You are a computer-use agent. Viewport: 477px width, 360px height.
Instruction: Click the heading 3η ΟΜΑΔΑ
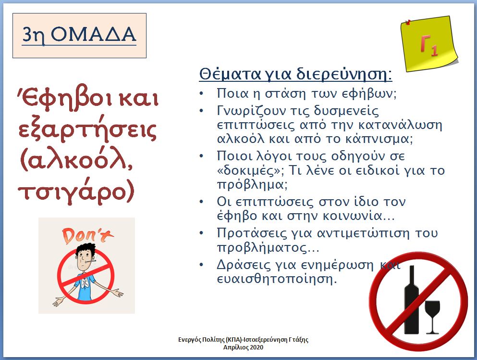[x=79, y=35]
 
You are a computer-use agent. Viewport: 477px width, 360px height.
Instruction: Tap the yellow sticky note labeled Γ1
[x=429, y=44]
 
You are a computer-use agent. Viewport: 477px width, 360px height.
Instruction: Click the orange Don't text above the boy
[x=87, y=236]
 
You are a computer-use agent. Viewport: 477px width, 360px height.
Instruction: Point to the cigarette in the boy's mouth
[x=91, y=261]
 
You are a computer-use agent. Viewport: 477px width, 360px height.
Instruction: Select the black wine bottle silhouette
[x=411, y=300]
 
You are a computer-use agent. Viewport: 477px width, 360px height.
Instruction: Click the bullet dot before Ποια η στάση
[x=201, y=93]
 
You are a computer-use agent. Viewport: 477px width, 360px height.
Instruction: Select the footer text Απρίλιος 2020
[x=243, y=347]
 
